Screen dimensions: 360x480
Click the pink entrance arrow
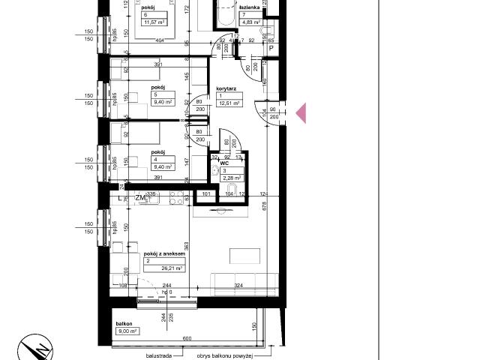[301, 113]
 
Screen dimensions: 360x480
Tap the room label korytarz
[227, 87]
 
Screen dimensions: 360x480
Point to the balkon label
[124, 324]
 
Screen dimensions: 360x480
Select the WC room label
[223, 161]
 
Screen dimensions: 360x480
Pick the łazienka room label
[250, 7]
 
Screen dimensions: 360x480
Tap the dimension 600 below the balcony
[187, 337]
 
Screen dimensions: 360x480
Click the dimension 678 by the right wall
[265, 229]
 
